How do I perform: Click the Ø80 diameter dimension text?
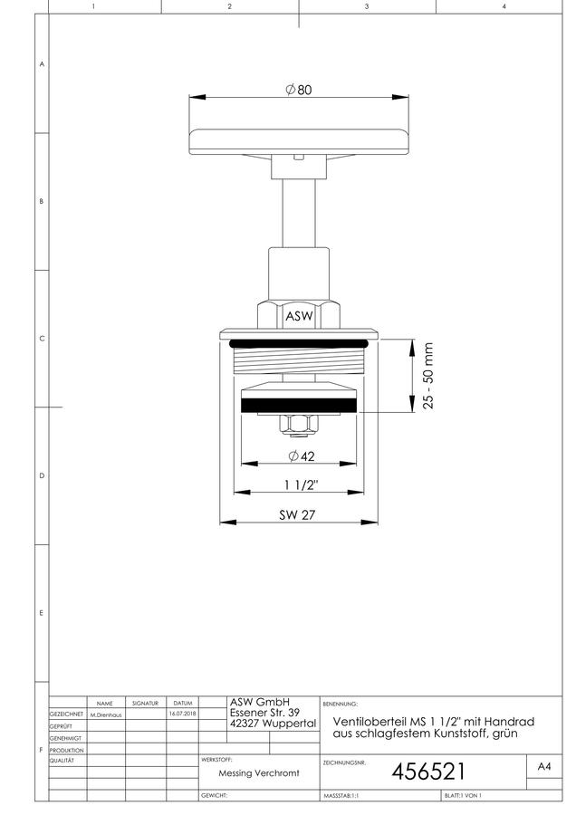(299, 90)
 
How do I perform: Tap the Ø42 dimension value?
(302, 455)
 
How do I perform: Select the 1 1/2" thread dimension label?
(301, 485)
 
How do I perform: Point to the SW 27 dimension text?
(297, 514)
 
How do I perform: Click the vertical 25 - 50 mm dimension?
(427, 375)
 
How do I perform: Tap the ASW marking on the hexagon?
(299, 315)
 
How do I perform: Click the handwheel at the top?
(299, 142)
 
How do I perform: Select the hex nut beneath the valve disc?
(298, 426)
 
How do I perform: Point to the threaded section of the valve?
(299, 360)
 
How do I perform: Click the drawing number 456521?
(428, 772)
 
